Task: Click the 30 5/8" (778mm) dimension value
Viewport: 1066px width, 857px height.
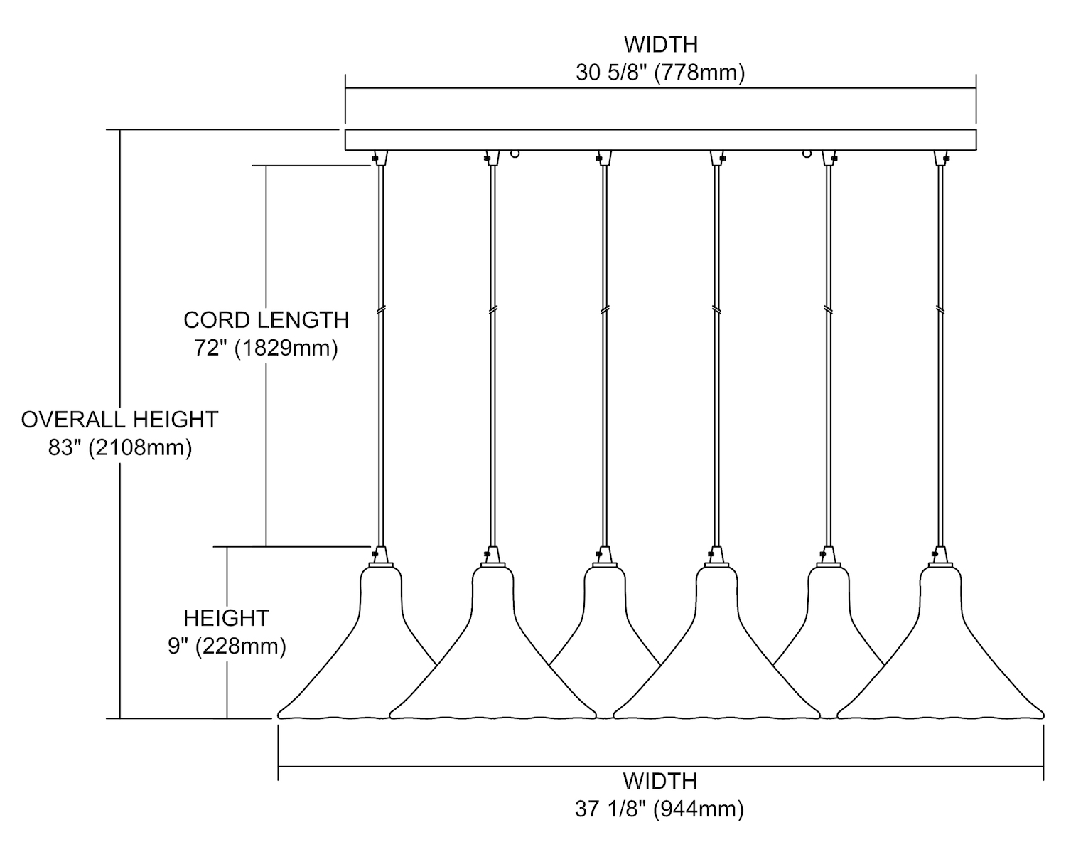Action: [660, 73]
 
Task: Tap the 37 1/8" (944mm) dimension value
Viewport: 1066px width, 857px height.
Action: [659, 809]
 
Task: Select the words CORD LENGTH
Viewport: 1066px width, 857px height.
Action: [266, 320]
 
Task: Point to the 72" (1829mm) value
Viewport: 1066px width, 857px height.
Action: [266, 348]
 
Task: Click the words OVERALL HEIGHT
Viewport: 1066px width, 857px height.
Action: [119, 420]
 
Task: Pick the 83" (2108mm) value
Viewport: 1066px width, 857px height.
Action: [120, 448]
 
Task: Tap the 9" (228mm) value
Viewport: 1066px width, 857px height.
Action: [227, 646]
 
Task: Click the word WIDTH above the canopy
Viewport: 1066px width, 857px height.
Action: [660, 44]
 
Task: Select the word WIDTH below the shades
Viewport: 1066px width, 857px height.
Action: [659, 780]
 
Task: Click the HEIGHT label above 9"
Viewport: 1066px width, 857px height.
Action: [226, 617]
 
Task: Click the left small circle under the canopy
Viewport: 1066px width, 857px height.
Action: [516, 153]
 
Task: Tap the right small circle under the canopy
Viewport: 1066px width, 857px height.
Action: [807, 153]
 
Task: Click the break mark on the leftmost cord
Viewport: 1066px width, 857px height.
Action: [381, 310]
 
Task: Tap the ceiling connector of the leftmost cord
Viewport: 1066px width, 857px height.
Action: [381, 158]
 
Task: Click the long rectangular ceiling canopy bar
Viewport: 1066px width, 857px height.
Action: [660, 139]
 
